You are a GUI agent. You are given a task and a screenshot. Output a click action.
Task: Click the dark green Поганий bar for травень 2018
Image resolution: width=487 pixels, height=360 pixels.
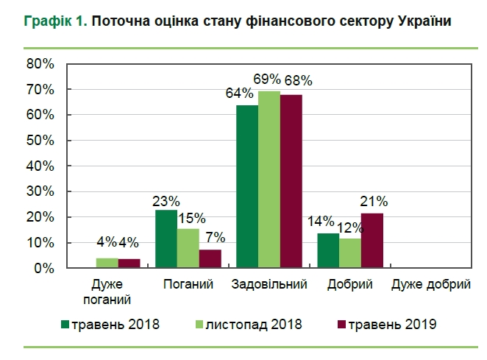pos(166,239)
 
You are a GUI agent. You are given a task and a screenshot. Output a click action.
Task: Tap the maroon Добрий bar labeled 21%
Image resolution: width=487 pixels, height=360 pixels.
pos(372,241)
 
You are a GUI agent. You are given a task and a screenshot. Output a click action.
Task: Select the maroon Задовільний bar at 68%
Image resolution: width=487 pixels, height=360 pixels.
pos(291,181)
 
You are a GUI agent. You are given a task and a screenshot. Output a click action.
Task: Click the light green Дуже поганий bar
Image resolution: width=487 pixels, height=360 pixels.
pos(108,264)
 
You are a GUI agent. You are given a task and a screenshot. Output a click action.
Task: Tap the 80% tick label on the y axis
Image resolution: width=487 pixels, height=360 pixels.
pos(40,64)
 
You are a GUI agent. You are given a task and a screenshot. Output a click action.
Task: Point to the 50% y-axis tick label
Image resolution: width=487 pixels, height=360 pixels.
pos(40,141)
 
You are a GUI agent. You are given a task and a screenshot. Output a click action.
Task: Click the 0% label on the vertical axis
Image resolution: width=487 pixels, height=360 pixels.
pos(44,269)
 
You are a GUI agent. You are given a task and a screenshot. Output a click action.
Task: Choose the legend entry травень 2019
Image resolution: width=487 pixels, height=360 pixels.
pos(389,323)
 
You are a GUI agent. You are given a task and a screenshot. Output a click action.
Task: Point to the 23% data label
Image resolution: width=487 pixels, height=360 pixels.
pos(166,200)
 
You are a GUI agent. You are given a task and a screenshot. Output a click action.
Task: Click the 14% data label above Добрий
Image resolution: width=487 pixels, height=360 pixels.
pos(321,221)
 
